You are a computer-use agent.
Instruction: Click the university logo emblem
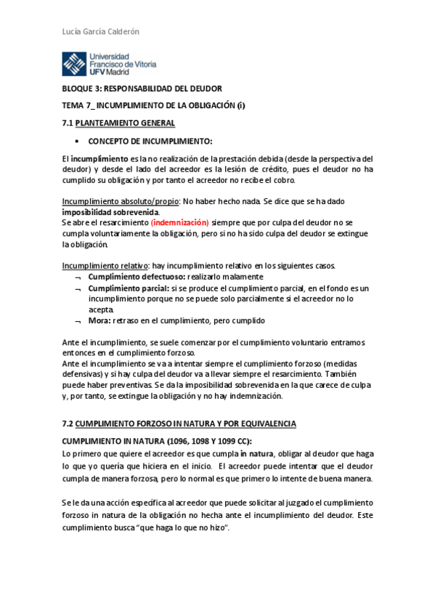click(x=73, y=64)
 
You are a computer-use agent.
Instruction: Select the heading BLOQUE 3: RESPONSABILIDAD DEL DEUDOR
click(x=141, y=89)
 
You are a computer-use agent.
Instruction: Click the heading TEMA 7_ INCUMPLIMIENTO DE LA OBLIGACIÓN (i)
click(x=153, y=105)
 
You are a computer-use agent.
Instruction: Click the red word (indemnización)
click(x=180, y=222)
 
